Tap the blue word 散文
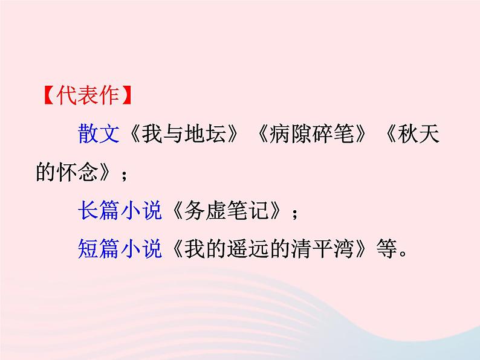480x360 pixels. [99, 135]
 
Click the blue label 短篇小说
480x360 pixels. [120, 249]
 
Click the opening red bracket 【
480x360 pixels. [46, 97]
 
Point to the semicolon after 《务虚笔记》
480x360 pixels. [294, 213]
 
